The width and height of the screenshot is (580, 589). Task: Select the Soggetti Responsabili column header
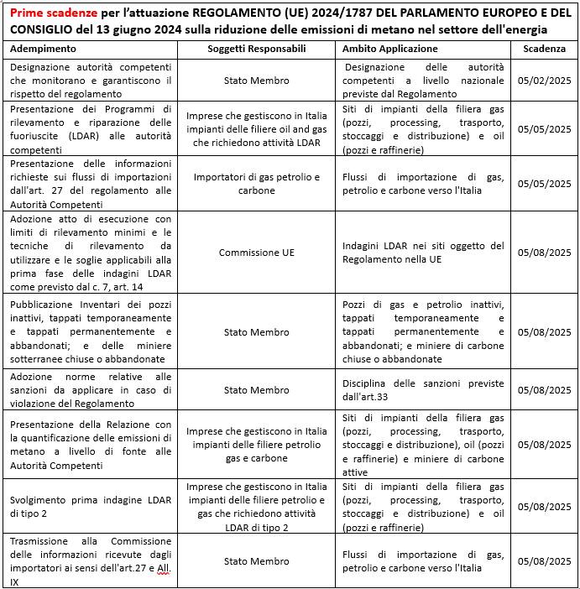257,49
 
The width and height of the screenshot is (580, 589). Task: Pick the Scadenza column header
544,49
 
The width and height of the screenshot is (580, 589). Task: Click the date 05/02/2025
544,81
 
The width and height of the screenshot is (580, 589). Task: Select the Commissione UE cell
257,253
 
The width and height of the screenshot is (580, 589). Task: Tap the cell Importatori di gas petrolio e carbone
257,184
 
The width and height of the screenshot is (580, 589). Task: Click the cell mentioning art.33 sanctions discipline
424,390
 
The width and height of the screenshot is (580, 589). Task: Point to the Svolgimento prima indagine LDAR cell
91,506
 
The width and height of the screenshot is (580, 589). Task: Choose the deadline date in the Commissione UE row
544,253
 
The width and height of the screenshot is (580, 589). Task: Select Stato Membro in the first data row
257,81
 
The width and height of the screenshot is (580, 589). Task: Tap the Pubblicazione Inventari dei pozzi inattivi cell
91,331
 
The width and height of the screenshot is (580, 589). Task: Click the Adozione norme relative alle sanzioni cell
91,390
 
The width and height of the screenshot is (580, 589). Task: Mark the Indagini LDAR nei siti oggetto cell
424,253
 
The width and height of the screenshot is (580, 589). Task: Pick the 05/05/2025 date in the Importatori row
544,184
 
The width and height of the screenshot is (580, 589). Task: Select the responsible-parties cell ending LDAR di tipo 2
257,506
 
